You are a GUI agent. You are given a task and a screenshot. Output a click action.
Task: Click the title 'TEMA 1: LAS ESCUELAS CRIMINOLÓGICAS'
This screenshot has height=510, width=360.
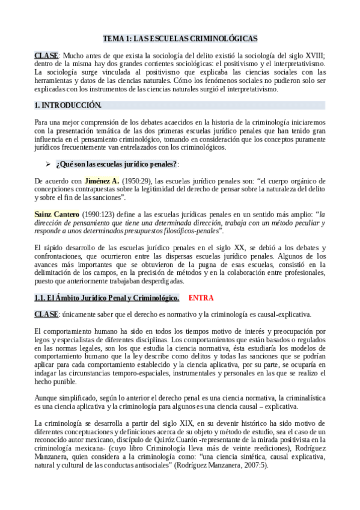(x=180, y=38)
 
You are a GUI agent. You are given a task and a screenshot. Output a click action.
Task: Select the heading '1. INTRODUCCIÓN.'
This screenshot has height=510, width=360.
(x=67, y=105)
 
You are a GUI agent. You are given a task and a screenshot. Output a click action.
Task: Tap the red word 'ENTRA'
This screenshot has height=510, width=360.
(x=201, y=298)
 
